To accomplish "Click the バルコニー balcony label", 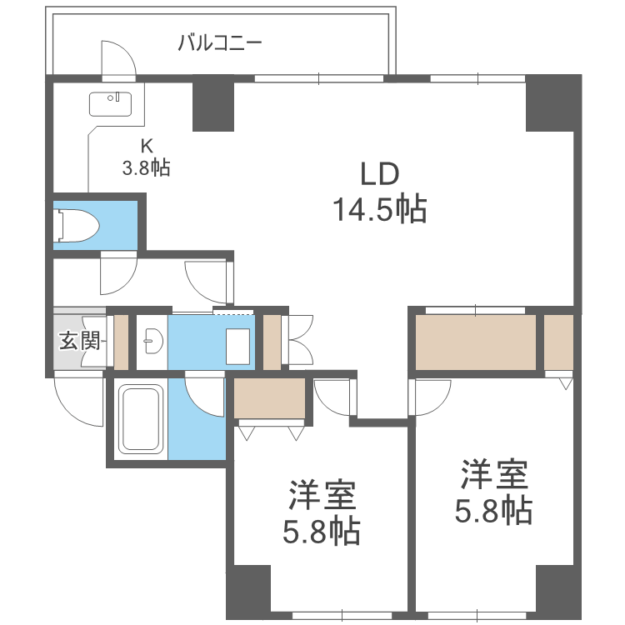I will coord(220,41).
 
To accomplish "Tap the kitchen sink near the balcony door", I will coord(110,104).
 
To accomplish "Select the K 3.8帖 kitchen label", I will coord(146,156).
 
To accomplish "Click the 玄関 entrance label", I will coord(79,340).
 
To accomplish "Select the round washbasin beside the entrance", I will coord(152,340).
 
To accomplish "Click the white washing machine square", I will coord(237,345).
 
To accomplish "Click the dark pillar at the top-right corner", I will coord(552,102).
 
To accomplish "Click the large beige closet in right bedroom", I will coord(476,342).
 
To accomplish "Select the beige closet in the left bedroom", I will coord(270,397).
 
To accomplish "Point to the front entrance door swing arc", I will coord(75,400).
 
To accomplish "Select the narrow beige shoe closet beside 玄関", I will coord(122,342).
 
